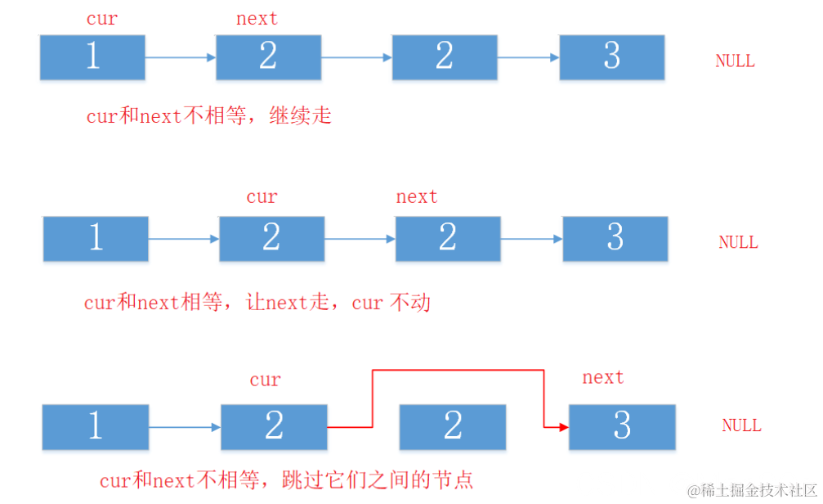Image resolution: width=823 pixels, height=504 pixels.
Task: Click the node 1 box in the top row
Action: pyautogui.click(x=92, y=57)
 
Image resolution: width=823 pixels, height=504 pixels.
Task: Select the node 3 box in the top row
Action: pyautogui.click(x=611, y=57)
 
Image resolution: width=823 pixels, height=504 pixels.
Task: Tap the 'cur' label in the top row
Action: pyautogui.click(x=102, y=19)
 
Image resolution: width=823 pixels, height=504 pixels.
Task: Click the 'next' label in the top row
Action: pyautogui.click(x=257, y=19)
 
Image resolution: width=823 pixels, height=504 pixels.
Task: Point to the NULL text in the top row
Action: pyautogui.click(x=735, y=61)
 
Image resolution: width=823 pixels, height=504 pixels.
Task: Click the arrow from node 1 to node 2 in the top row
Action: pyautogui.click(x=180, y=57)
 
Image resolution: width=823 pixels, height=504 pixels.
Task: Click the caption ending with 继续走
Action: pyautogui.click(x=209, y=116)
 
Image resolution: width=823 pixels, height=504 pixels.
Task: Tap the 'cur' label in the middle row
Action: pyautogui.click(x=262, y=197)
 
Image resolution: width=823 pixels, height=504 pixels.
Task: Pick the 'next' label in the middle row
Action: pyautogui.click(x=417, y=197)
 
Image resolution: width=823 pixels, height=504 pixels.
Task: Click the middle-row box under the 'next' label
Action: pyautogui.click(x=447, y=239)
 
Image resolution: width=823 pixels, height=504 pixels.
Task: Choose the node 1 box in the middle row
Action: pyautogui.click(x=96, y=239)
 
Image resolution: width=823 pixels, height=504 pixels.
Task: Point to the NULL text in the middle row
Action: pyautogui.click(x=738, y=243)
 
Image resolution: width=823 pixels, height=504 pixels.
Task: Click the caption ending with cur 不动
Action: pyautogui.click(x=257, y=304)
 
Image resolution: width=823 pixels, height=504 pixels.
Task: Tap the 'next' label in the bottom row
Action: pyautogui.click(x=603, y=378)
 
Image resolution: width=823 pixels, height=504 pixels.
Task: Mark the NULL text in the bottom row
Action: pyautogui.click(x=741, y=426)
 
